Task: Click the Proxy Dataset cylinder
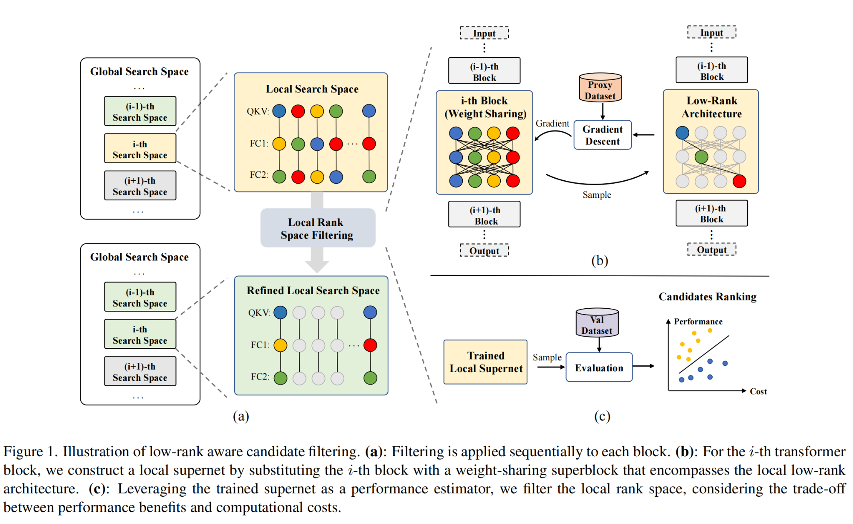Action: click(x=600, y=88)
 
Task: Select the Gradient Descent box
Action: click(x=602, y=135)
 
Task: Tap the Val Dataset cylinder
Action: click(x=597, y=324)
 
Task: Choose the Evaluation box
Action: click(x=599, y=368)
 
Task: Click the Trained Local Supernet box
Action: click(x=485, y=362)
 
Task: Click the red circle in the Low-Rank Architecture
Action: click(x=739, y=181)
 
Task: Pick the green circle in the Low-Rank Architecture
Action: click(x=701, y=157)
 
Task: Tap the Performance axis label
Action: click(x=698, y=321)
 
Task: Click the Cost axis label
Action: click(x=758, y=391)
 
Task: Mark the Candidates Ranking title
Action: click(x=707, y=297)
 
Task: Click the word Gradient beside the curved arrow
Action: click(x=552, y=124)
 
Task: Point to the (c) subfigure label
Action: click(x=602, y=417)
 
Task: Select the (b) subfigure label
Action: click(x=599, y=261)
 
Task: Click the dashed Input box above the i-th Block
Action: click(x=484, y=33)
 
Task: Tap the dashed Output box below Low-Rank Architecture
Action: click(x=711, y=250)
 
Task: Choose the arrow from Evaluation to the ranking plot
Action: click(x=643, y=366)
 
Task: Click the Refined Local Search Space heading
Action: click(x=313, y=291)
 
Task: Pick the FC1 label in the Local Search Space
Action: click(x=258, y=144)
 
